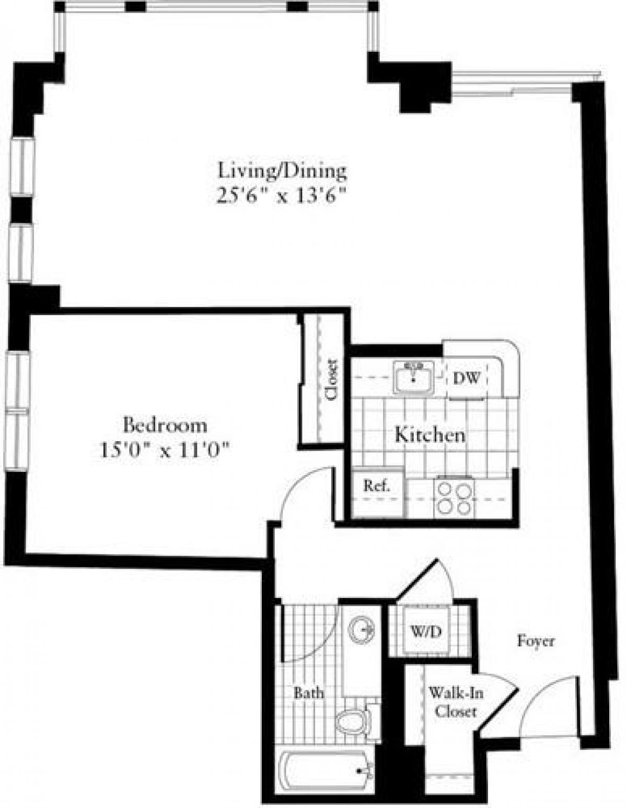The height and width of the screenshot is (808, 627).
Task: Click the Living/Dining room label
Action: point(282,171)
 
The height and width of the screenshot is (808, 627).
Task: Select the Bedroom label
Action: point(165,425)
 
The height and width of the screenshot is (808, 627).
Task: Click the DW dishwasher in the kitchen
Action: point(466,378)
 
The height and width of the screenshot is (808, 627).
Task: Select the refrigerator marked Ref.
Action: point(377,487)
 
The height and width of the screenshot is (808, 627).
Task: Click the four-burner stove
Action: point(454,498)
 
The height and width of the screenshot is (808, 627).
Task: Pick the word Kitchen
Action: point(429,434)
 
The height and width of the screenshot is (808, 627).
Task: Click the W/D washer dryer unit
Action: point(425,631)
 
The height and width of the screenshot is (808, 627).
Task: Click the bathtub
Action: point(326,772)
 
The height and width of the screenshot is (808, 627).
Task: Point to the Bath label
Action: point(308,694)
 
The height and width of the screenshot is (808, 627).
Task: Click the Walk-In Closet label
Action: point(455,702)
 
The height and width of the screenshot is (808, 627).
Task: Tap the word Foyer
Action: point(536,641)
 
